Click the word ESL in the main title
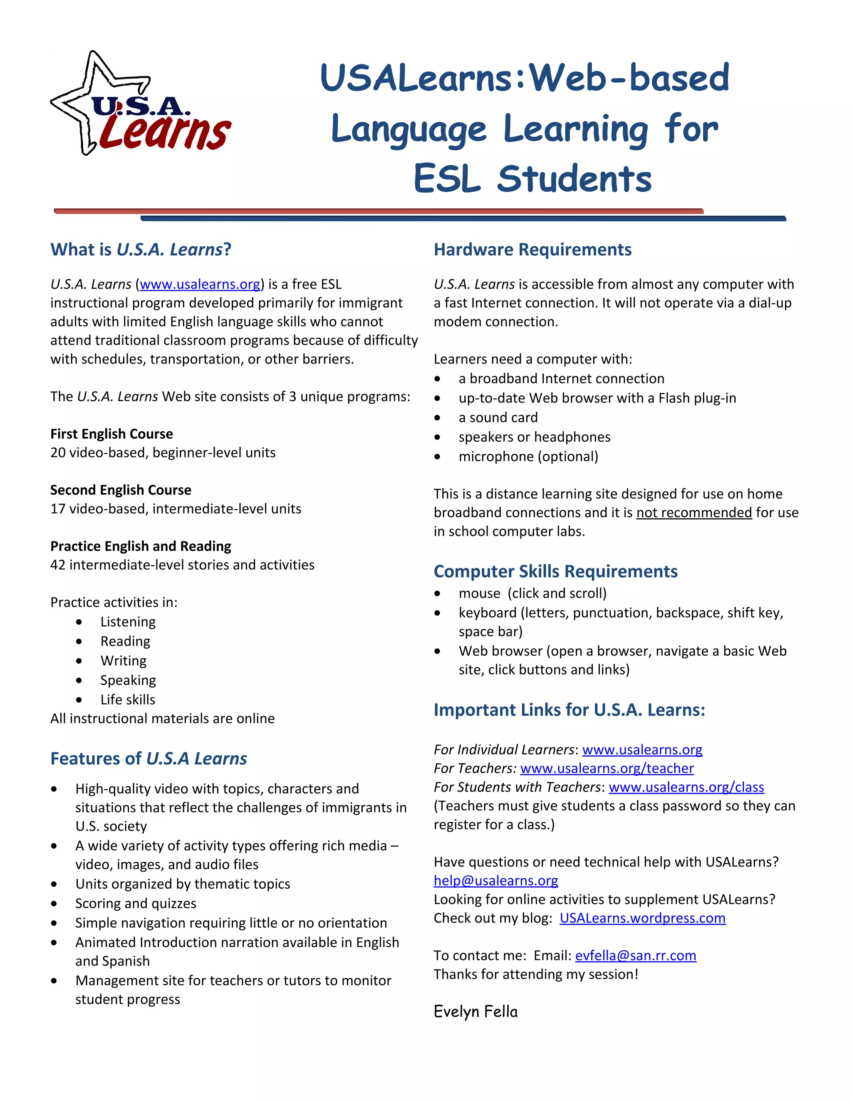[x=447, y=179]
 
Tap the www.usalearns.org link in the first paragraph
[x=200, y=284]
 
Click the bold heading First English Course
[x=111, y=434]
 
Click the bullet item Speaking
[x=128, y=680]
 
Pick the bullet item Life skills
[x=128, y=699]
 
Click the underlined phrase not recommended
[x=694, y=513]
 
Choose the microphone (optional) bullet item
[x=528, y=456]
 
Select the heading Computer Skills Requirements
[x=556, y=571]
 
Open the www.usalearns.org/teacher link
[x=607, y=768]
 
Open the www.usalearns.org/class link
[x=686, y=787]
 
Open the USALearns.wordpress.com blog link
[x=642, y=918]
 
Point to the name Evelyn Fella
[x=476, y=1012]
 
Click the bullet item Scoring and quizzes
[x=136, y=903]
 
